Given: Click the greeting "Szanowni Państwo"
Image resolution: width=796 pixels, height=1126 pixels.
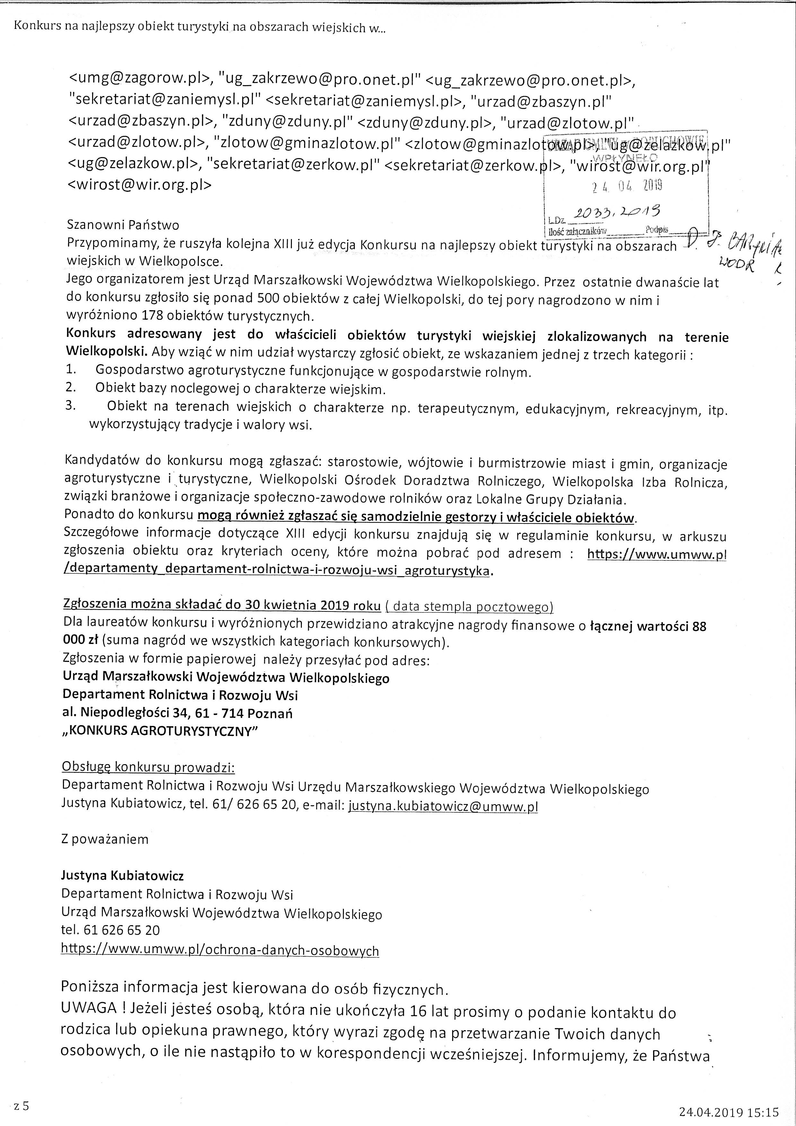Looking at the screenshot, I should pyautogui.click(x=123, y=225).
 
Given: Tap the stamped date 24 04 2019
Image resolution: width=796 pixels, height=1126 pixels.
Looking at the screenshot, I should pyautogui.click(x=627, y=185).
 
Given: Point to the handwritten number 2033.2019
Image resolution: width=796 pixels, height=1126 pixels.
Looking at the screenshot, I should pyautogui.click(x=617, y=211).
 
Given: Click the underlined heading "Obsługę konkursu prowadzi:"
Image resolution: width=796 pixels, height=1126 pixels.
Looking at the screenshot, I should pyautogui.click(x=148, y=767).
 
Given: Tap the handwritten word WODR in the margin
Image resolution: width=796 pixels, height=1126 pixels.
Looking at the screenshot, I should pyautogui.click(x=736, y=266).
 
